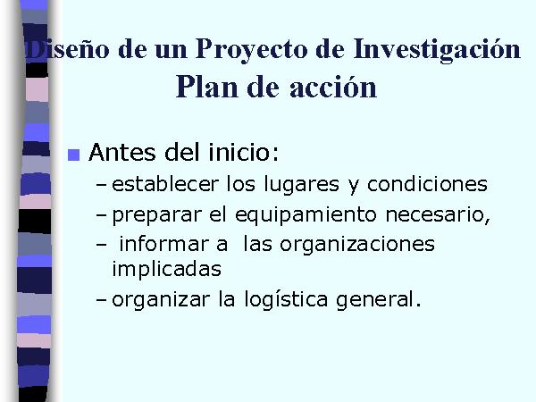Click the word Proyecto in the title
click(x=251, y=49)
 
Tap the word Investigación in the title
click(x=437, y=49)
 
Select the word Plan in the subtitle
click(x=207, y=87)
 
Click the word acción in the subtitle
click(x=333, y=87)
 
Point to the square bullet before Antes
click(x=74, y=155)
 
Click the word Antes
click(x=122, y=152)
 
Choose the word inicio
click(x=244, y=152)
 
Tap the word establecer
click(x=165, y=184)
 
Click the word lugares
click(x=302, y=185)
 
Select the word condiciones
click(x=427, y=184)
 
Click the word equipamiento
click(x=306, y=215)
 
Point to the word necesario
click(x=438, y=215)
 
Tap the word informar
click(x=163, y=244)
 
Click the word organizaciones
click(x=357, y=246)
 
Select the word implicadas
click(x=167, y=270)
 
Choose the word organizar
click(x=161, y=300)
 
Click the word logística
click(x=286, y=300)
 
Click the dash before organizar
click(x=101, y=300)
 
